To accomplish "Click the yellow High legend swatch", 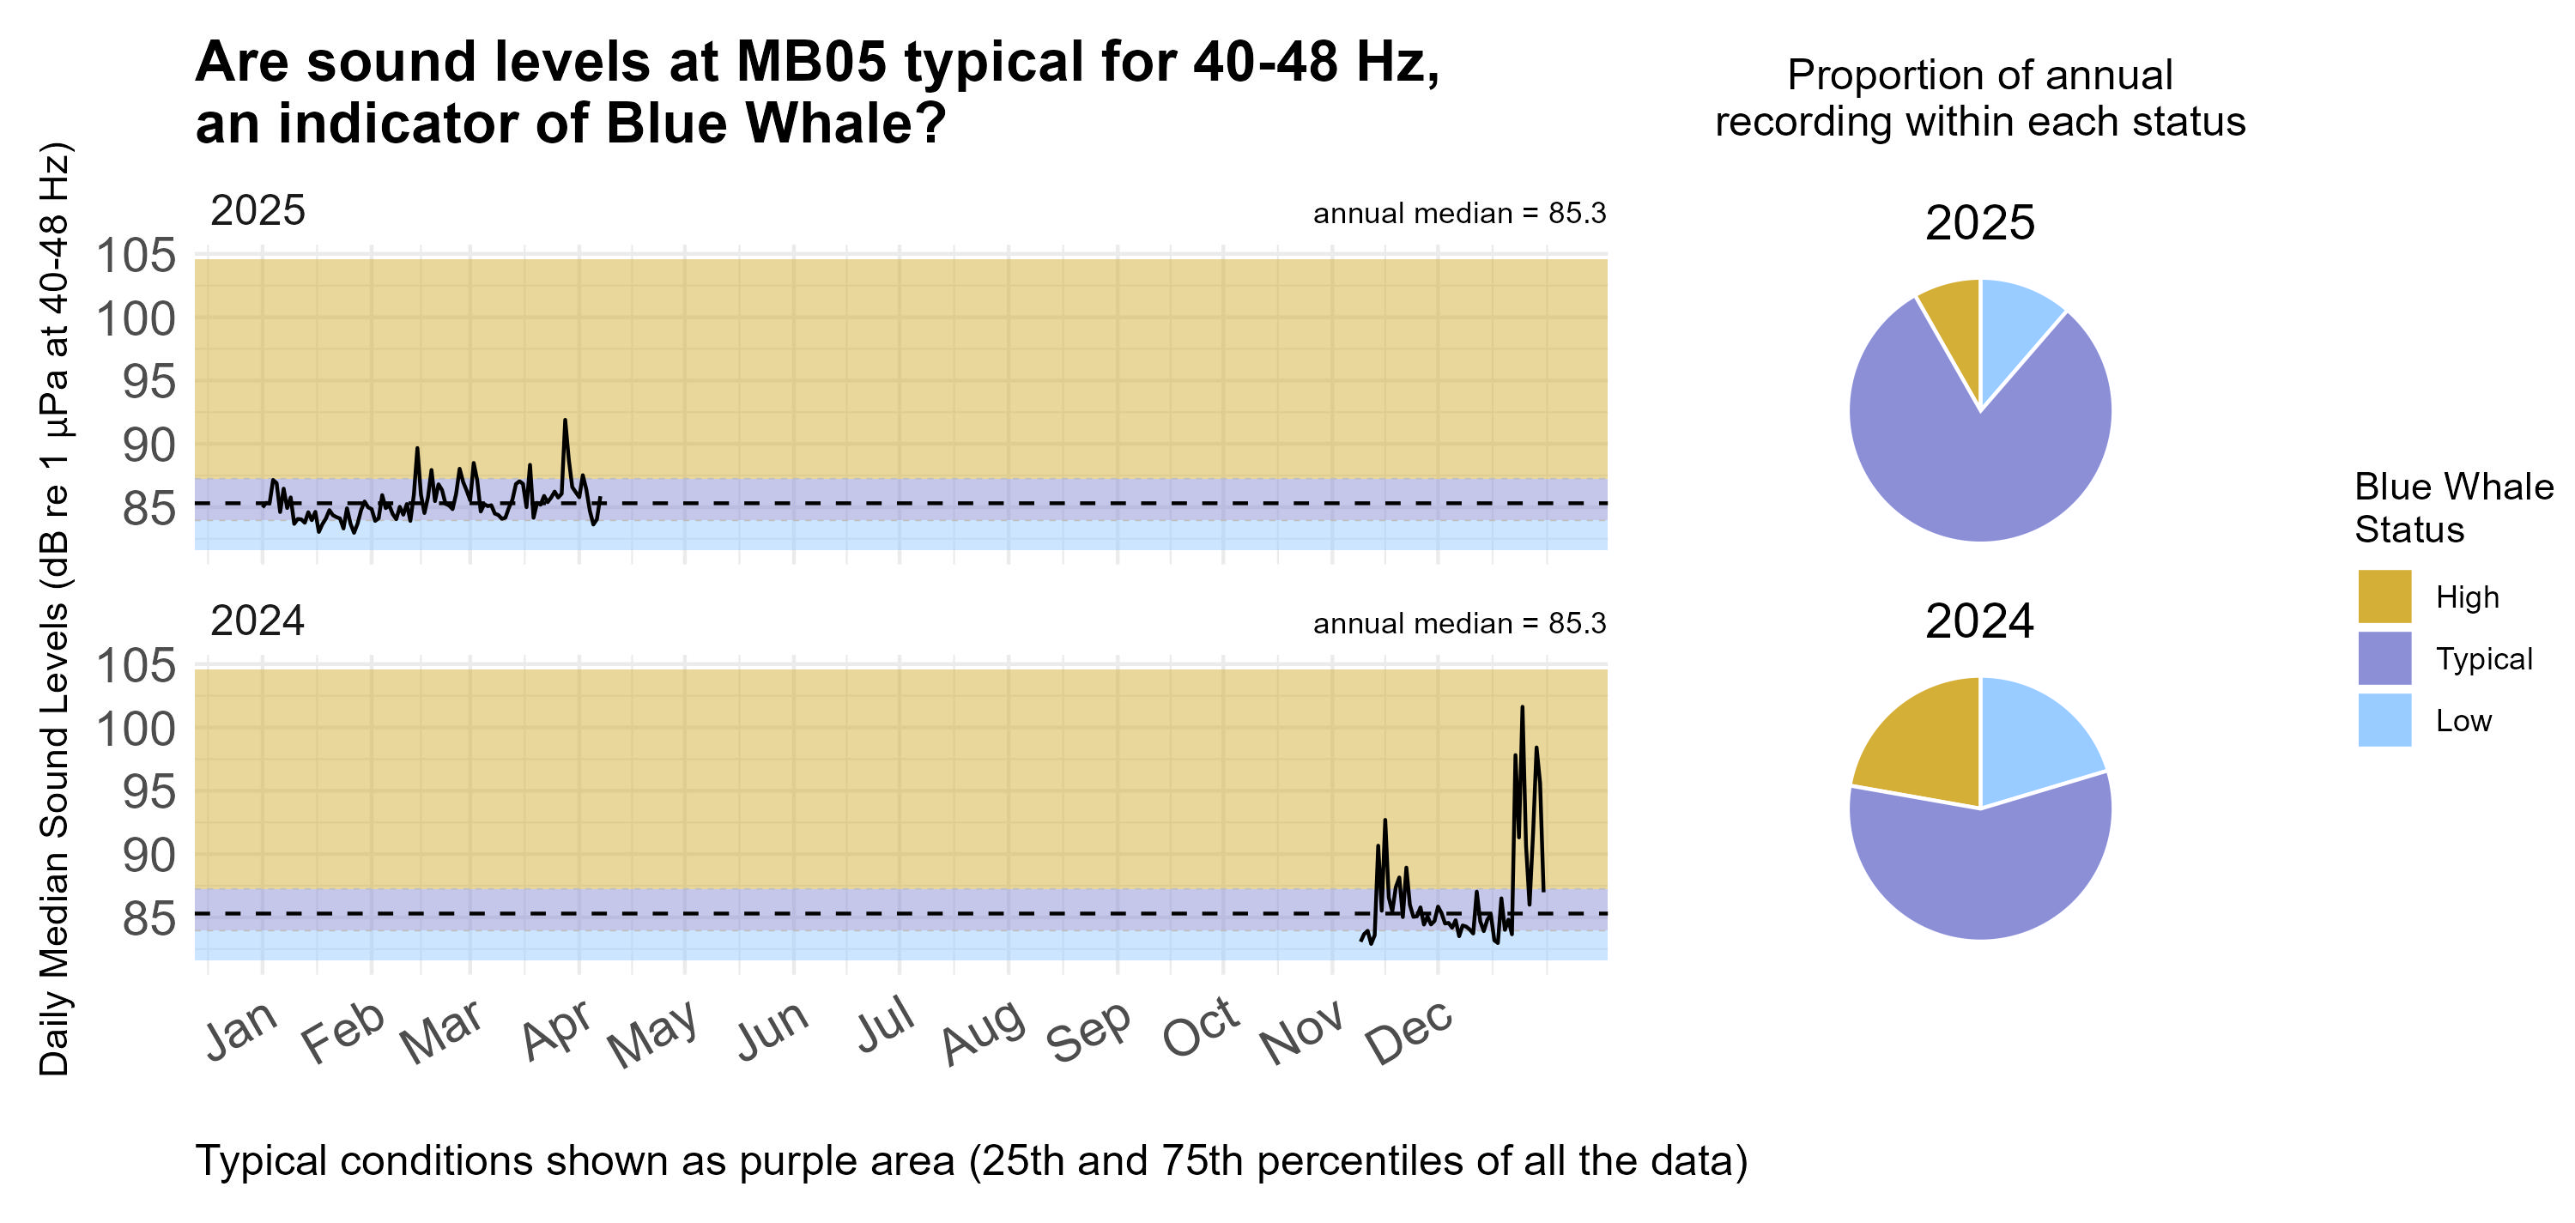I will tap(2384, 596).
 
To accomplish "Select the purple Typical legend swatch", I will tap(2384, 658).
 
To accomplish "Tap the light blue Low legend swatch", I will tap(2384, 720).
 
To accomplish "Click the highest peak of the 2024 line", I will tap(1522, 707).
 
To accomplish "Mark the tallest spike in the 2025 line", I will tap(565, 421).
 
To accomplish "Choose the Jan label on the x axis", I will tap(241, 1029).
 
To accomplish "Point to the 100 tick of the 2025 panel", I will tap(136, 320).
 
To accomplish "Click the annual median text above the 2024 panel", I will tap(1458, 623).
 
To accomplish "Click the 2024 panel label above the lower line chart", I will tap(257, 621).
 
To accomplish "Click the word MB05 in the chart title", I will tap(810, 62).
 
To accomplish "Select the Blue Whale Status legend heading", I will tap(2453, 507).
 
